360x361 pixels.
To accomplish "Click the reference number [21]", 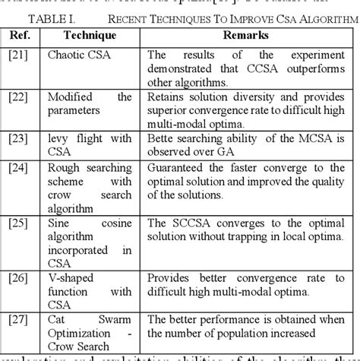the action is (x=17, y=55).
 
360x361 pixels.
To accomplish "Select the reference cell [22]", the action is (x=17, y=97).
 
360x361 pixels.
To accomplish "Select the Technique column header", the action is (x=90, y=34).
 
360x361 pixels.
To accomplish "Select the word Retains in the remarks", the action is (x=167, y=97).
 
